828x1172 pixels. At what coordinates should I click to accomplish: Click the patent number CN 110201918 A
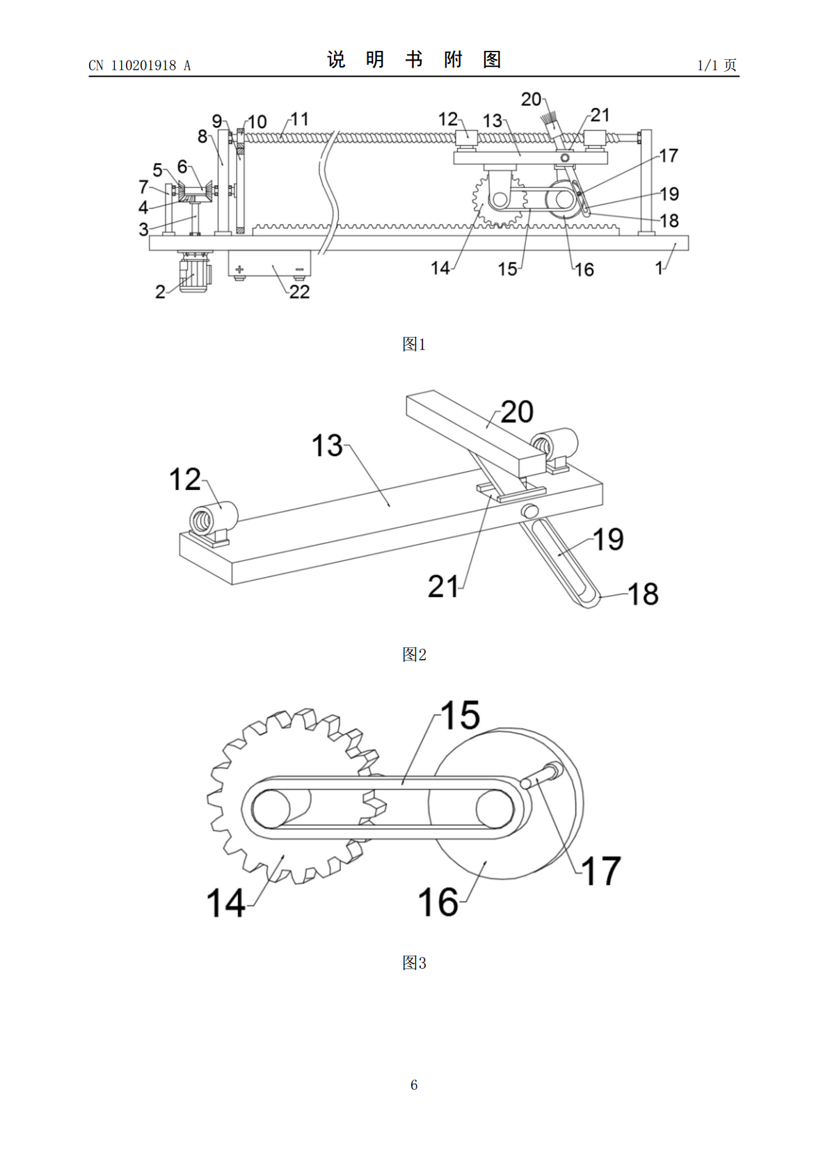coord(139,65)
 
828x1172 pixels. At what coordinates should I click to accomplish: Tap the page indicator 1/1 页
coord(717,65)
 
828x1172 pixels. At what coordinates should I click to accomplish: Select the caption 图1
coord(414,344)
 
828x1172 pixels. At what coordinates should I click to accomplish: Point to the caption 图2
coord(414,654)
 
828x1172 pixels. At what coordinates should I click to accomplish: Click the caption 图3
coord(414,963)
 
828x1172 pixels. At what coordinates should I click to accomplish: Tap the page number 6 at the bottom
coord(414,1085)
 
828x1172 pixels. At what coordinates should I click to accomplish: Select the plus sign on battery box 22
coord(239,269)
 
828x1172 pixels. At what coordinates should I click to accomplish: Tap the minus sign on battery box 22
coord(300,269)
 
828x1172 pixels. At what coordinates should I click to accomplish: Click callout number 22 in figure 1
coord(300,292)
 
